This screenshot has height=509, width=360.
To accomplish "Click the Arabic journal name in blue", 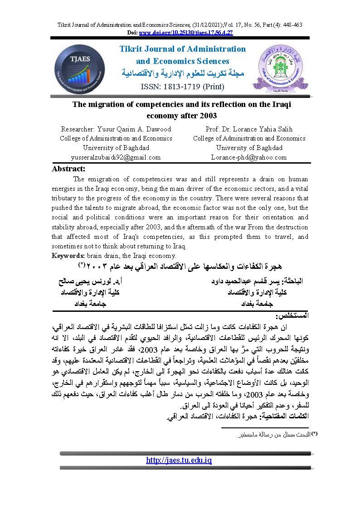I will coord(183,73).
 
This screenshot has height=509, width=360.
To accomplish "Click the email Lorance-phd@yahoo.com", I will coord(249,157).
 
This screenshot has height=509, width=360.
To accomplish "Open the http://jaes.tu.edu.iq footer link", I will coord(179,460).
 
